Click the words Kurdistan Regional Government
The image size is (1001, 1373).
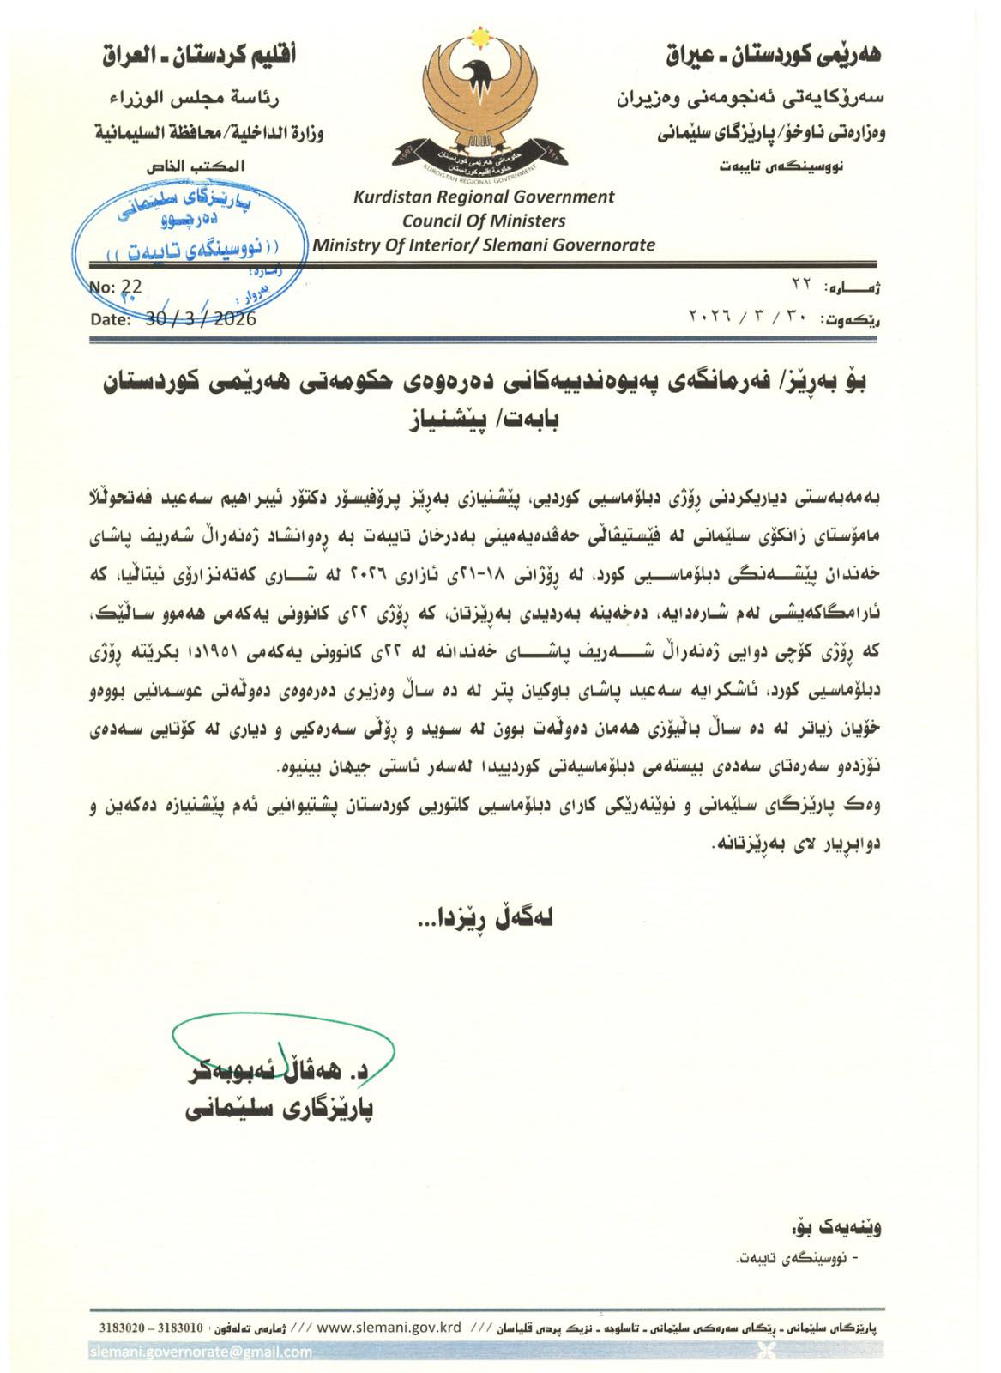[484, 197]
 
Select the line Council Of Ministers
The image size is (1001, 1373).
[484, 221]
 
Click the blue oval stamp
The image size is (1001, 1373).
[190, 226]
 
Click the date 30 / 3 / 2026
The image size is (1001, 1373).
[201, 318]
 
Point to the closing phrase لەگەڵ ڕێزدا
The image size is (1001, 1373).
[485, 917]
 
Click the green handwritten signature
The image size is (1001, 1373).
[283, 1043]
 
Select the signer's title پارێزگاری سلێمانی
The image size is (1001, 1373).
[279, 1110]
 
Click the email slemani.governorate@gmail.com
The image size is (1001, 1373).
[202, 1352]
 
